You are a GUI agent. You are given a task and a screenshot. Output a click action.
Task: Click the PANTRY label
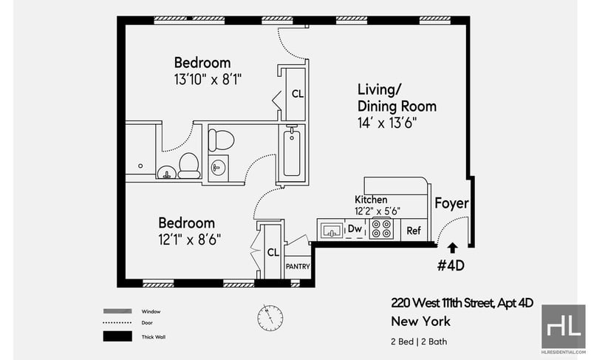pos(298,267)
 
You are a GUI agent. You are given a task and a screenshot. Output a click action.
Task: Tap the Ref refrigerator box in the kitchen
pos(414,230)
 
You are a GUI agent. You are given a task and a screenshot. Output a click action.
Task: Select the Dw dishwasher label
pos(355,228)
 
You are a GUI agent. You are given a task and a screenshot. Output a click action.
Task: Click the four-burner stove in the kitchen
pos(381,228)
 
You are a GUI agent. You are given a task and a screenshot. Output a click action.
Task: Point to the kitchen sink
pos(331,230)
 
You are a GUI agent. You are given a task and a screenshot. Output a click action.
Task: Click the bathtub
pos(292,153)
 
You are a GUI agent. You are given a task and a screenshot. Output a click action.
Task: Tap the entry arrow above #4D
pos(452,248)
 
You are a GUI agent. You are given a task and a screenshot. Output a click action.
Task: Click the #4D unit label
pos(451,266)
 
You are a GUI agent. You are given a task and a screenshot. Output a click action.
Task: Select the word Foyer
pos(451,203)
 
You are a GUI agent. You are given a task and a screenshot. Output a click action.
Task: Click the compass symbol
pos(270,318)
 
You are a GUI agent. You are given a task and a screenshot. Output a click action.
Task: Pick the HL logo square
pos(563,327)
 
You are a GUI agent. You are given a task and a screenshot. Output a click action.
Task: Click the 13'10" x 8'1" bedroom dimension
pos(208,80)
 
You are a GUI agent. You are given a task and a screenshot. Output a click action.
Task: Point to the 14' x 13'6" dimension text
pos(387,123)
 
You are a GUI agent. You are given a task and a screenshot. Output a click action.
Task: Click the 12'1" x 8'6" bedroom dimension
pos(190,240)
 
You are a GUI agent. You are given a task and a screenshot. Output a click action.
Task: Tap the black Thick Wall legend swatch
pos(117,336)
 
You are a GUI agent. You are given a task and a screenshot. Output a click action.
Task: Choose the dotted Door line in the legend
pos(117,323)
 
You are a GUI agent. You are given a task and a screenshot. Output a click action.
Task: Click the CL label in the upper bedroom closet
pos(298,94)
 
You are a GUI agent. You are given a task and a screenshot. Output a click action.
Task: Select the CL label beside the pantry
pos(273,252)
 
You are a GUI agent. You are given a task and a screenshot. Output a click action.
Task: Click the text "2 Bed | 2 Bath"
pos(419,342)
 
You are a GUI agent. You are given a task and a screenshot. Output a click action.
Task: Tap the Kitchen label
pos(371,200)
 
